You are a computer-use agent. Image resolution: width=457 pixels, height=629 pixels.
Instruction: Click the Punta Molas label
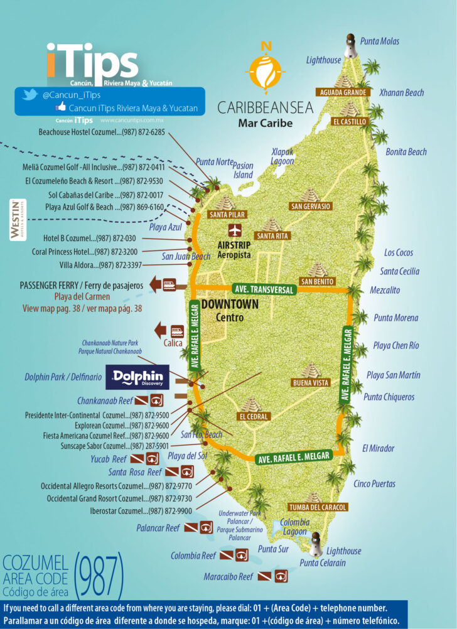click(380, 41)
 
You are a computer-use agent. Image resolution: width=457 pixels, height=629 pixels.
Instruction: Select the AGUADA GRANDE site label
click(343, 92)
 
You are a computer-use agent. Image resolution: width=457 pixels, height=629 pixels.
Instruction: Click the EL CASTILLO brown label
click(350, 122)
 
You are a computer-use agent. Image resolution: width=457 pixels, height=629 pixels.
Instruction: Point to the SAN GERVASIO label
click(310, 207)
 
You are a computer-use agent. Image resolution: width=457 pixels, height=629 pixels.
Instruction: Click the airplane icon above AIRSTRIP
click(235, 230)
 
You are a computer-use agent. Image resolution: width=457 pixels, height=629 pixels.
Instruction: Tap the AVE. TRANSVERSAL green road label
click(264, 290)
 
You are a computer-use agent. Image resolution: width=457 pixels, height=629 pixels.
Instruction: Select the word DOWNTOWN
click(230, 304)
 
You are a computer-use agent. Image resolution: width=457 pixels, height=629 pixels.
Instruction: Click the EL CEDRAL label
click(254, 416)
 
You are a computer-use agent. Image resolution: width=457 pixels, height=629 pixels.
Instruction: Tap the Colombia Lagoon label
click(294, 527)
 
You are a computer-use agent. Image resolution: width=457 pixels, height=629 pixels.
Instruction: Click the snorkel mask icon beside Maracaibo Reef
click(281, 576)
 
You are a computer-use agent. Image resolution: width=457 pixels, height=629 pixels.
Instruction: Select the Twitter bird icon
click(28, 95)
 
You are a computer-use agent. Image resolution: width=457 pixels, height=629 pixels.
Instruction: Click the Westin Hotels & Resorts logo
click(14, 219)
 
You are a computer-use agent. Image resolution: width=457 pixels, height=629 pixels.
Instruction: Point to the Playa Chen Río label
click(396, 346)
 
